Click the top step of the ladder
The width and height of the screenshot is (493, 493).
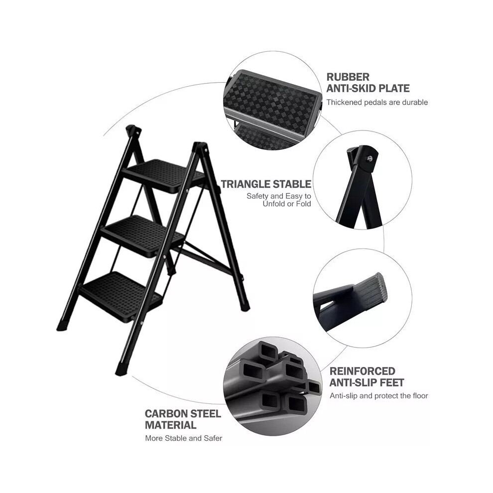click(x=164, y=175)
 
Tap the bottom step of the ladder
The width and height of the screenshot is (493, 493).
click(x=121, y=293)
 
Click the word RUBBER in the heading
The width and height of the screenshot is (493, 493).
click(x=348, y=77)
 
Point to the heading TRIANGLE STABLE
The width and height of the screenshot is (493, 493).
click(x=266, y=184)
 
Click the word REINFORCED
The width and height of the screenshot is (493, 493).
click(x=362, y=371)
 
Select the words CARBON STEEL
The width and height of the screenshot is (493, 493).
click(x=183, y=413)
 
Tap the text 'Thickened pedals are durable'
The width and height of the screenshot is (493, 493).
click(x=377, y=102)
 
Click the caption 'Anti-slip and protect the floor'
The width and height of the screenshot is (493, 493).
click(x=379, y=395)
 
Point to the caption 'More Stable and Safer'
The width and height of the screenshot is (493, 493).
click(x=184, y=438)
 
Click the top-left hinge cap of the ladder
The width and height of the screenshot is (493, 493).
click(x=133, y=130)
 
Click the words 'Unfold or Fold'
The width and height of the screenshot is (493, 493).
click(x=287, y=204)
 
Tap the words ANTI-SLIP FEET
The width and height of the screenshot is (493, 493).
click(x=367, y=382)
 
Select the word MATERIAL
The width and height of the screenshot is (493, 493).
click(x=171, y=425)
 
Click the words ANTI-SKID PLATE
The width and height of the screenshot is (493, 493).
click(x=368, y=88)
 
